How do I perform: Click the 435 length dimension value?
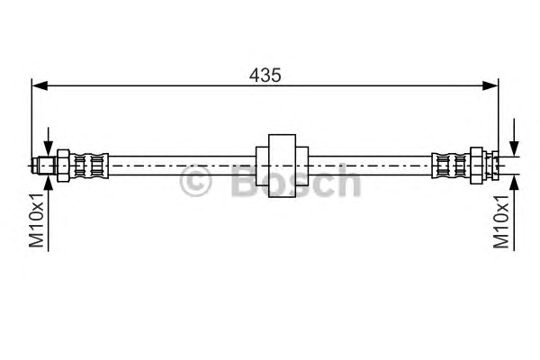click(265, 75)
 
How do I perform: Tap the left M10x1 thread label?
click(37, 220)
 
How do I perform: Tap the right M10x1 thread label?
click(501, 221)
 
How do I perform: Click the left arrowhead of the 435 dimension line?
click(40, 85)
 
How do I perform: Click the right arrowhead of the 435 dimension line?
click(490, 85)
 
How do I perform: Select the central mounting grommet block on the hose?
click(282, 166)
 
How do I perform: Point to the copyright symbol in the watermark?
click(195, 181)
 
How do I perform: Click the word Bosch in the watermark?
click(296, 180)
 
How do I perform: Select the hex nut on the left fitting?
click(63, 166)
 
